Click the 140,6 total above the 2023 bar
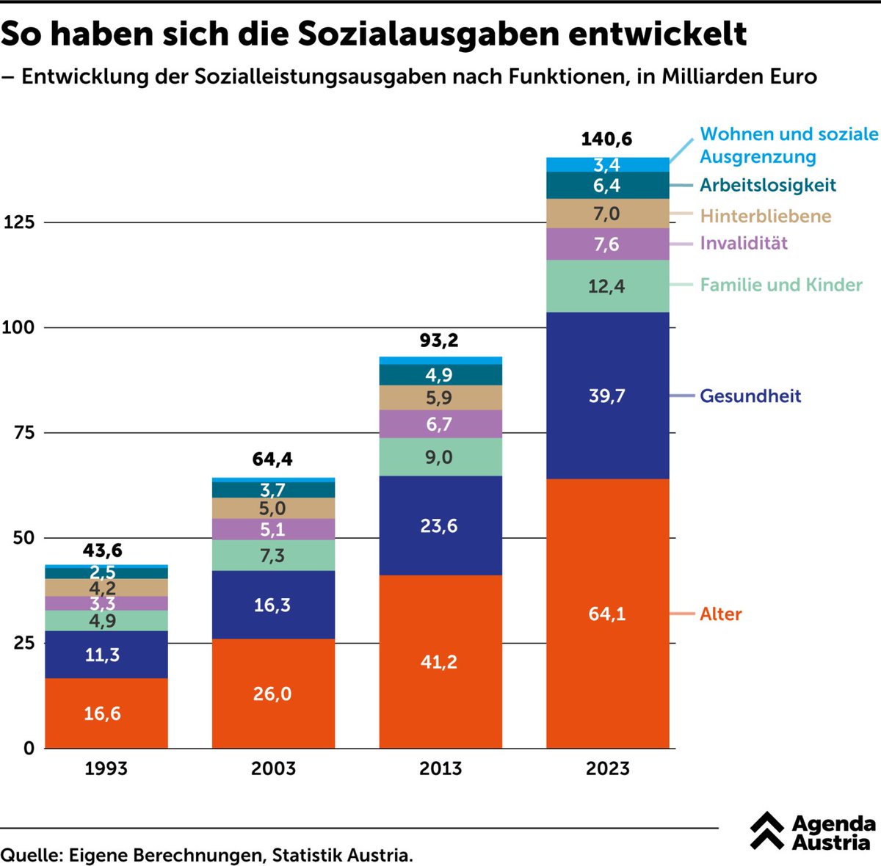pyautogui.click(x=606, y=139)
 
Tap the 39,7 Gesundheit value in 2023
pyautogui.click(x=606, y=396)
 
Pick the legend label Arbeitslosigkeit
pyautogui.click(x=767, y=185)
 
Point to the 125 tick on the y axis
pyautogui.click(x=19, y=222)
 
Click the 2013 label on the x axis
pyautogui.click(x=440, y=768)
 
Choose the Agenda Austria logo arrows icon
pyautogui.click(x=768, y=832)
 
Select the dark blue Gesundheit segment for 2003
pyautogui.click(x=272, y=605)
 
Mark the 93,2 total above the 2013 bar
pyautogui.click(x=439, y=341)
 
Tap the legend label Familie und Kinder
pyautogui.click(x=780, y=285)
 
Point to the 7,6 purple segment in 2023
pyautogui.click(x=606, y=244)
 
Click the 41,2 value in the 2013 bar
pyautogui.click(x=439, y=662)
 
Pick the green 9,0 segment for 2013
pyautogui.click(x=439, y=457)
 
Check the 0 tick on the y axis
pyautogui.click(x=29, y=749)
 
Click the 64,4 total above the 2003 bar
pyautogui.click(x=272, y=459)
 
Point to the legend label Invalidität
pyautogui.click(x=743, y=243)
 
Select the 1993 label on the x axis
pyautogui.click(x=106, y=768)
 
